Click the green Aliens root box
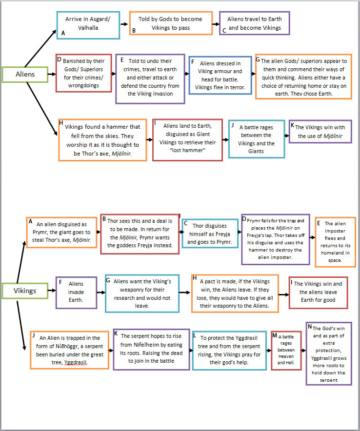coord(25,75)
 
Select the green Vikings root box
coord(25,291)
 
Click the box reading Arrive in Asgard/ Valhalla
coord(88,24)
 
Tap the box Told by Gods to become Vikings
coord(171,23)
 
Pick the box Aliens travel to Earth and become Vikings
coord(254,23)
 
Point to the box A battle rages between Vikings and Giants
coord(256,139)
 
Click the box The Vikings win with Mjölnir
coord(320,131)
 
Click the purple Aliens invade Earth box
coord(76,292)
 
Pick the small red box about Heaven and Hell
coord(286,350)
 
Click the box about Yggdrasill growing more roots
coord(327,353)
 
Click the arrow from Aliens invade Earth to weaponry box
coord(100,293)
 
